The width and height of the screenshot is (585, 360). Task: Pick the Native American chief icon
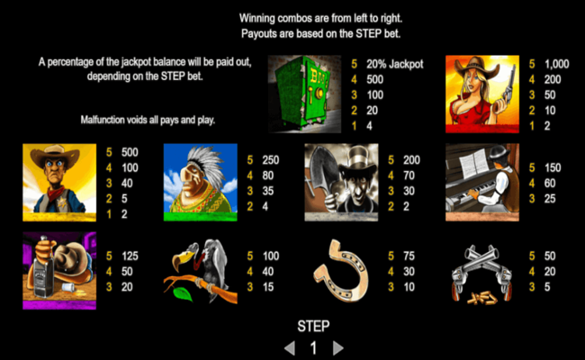click(x=200, y=181)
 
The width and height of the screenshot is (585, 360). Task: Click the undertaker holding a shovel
click(x=341, y=181)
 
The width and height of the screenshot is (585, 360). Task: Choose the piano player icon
click(x=481, y=181)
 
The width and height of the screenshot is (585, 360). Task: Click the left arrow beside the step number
click(x=290, y=347)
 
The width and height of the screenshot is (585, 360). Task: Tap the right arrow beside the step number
click(x=337, y=347)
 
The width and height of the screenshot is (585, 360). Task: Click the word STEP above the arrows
click(x=313, y=326)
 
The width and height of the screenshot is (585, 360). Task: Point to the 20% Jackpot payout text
click(x=396, y=65)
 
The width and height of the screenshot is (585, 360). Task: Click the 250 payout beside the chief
click(x=270, y=159)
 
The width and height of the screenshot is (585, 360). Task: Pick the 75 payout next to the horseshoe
click(x=409, y=256)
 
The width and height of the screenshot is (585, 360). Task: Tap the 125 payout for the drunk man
click(x=129, y=256)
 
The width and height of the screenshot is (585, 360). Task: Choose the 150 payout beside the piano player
click(x=551, y=168)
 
